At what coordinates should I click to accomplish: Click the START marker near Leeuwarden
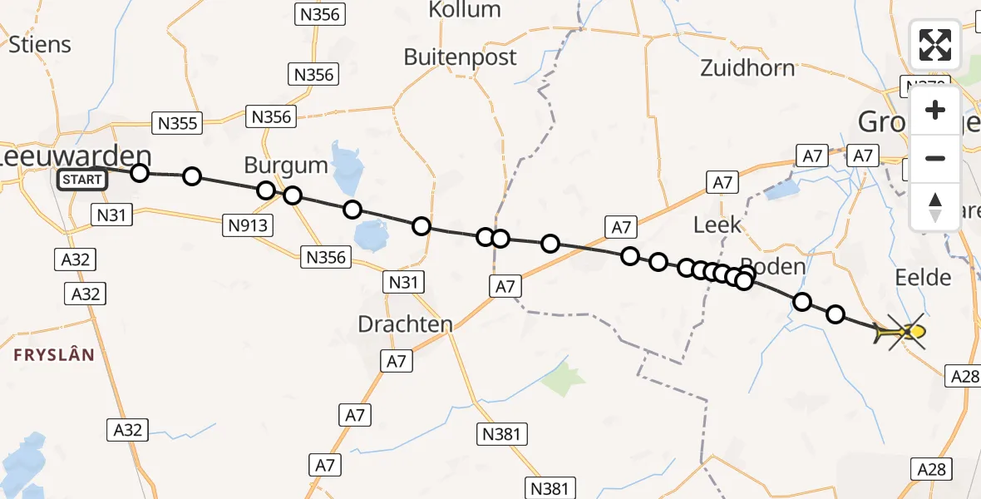point(82,179)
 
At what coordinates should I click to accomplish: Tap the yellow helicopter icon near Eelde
point(905,333)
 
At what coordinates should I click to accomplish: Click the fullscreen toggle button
point(935,45)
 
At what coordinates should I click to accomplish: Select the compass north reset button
point(935,207)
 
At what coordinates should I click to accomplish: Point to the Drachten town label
point(405,324)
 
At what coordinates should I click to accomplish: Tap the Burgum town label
point(286,165)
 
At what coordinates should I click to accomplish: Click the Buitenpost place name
point(460,57)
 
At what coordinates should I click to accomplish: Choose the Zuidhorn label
point(747,68)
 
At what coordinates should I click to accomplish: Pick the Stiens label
point(39,44)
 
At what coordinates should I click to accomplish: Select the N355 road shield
point(178,124)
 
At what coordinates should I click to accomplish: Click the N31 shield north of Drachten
point(402,283)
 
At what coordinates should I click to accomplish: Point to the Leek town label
point(717,225)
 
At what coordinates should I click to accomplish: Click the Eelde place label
point(923,277)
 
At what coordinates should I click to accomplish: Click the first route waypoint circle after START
point(140,173)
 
